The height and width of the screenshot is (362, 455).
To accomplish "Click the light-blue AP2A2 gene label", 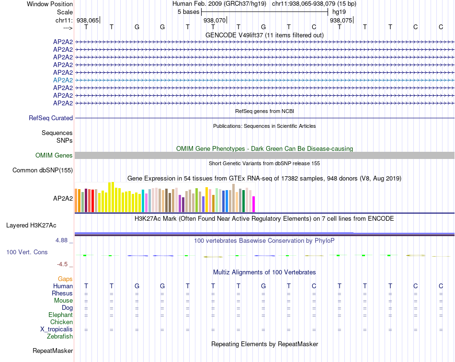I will click(63, 80).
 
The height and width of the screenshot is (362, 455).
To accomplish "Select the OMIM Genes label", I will click(54, 155).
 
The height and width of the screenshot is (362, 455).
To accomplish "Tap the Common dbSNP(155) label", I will click(43, 170).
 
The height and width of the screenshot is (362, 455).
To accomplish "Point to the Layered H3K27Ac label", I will click(31, 225).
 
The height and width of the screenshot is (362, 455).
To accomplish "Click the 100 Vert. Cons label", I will click(27, 252).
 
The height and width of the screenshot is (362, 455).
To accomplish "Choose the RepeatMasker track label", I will click(53, 351).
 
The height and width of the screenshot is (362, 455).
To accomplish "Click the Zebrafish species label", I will click(60, 337).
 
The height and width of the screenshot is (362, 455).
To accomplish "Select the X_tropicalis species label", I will click(57, 329).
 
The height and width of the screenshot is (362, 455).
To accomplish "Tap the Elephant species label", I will click(60, 315).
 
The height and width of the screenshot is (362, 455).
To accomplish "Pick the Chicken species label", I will click(62, 322).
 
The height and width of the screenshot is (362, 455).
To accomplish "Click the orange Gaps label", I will click(65, 279).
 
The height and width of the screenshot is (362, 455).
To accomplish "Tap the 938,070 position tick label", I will click(214, 21).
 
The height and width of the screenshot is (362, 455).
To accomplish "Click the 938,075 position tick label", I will click(341, 21).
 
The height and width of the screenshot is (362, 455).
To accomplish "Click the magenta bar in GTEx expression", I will click(253, 204).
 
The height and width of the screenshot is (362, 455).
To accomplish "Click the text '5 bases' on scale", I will click(188, 11).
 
